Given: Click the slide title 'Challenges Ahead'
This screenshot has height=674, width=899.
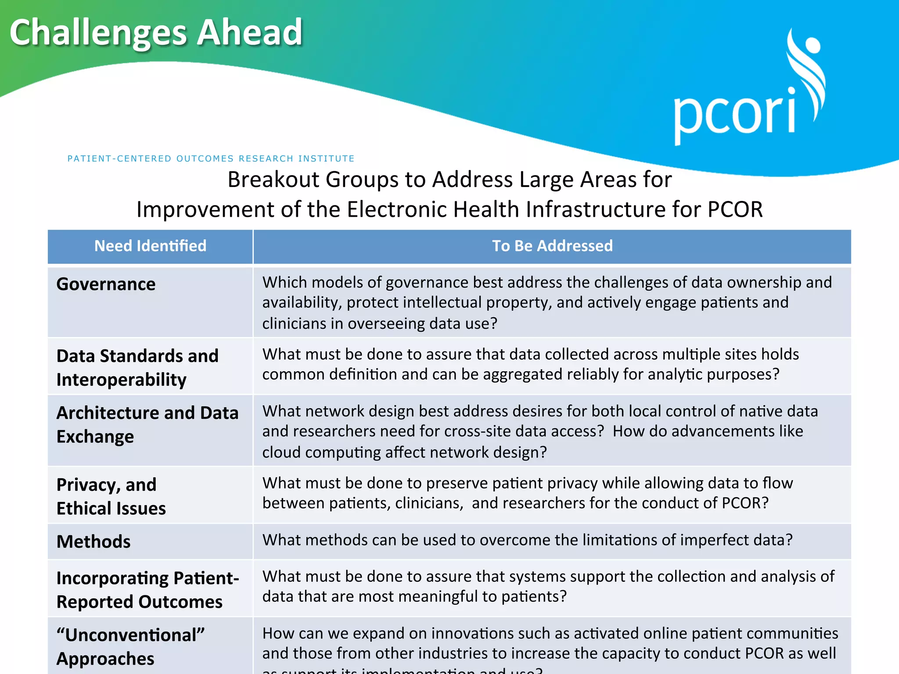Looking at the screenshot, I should [x=156, y=32].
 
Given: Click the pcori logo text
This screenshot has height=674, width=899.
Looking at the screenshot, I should [x=734, y=115].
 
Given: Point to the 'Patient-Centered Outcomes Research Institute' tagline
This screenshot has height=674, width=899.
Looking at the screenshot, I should [x=211, y=158].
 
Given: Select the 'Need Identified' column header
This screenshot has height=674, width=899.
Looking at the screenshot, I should [x=150, y=246].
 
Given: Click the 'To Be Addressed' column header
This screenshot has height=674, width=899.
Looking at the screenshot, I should [x=552, y=246].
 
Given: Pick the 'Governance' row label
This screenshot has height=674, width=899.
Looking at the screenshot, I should [x=106, y=284].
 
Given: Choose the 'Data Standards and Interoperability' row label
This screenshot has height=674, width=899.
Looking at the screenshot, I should [x=137, y=367].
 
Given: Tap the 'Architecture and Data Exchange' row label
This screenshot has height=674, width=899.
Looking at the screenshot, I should [x=147, y=424].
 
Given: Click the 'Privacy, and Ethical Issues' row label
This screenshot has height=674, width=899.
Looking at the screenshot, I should [x=111, y=496].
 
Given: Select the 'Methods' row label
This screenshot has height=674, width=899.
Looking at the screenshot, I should [x=93, y=542].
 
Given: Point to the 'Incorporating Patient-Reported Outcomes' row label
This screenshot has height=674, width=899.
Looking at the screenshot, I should [x=147, y=590].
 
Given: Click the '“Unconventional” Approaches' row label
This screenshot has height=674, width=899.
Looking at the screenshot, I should [x=130, y=646].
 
